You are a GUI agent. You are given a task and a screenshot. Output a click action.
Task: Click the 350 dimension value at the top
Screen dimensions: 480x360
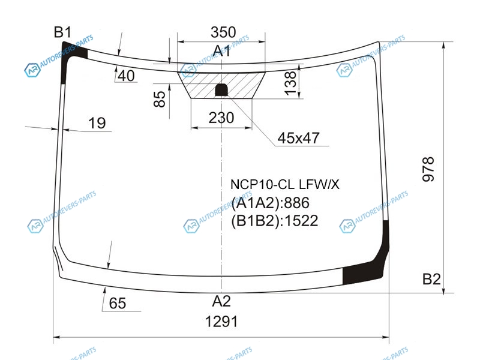click(x=223, y=32)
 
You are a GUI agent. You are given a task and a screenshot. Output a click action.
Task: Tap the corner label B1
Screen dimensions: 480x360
click(x=63, y=32)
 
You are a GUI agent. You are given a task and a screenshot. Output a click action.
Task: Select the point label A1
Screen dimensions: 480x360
click(x=221, y=51)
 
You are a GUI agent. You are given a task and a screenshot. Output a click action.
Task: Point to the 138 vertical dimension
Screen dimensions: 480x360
click(x=290, y=83)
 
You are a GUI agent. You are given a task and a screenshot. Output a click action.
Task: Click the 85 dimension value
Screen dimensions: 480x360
click(x=160, y=99)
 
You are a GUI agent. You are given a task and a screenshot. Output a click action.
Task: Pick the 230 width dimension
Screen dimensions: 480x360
click(x=221, y=118)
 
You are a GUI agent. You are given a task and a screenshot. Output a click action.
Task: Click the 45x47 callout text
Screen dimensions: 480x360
click(x=298, y=138)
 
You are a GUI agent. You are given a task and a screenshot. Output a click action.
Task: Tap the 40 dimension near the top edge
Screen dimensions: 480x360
click(x=126, y=76)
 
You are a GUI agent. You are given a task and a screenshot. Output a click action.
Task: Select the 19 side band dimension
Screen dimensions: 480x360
click(x=97, y=123)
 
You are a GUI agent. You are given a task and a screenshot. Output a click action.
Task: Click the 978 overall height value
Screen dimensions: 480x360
click(x=428, y=169)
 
